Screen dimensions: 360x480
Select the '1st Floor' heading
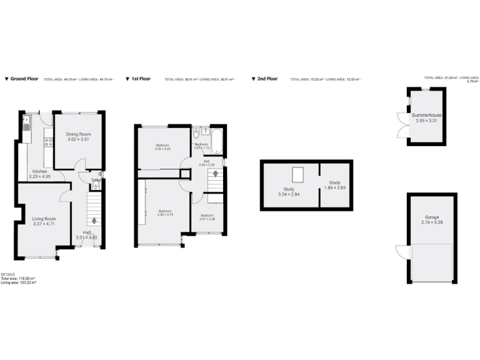pos(141,79)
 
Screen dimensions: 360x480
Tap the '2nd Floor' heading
pos(268,79)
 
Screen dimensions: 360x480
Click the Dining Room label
pos(79,134)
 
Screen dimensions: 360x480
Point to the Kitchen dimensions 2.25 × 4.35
pos(40,177)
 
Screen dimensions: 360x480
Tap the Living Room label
pos(44,218)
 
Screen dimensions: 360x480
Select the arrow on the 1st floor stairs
pos(216,174)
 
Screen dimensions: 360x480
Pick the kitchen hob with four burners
pos(49,143)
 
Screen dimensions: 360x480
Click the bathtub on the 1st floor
pos(217,141)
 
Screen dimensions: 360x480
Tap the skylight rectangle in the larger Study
pos(298,175)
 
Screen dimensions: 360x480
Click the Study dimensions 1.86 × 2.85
pos(335,187)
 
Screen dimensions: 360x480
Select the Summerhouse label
pos(427,116)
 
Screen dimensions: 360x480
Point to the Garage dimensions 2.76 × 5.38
pos(432,222)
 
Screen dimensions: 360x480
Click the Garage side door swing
pos(401,251)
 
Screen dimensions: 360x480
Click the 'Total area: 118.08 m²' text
pos(17,279)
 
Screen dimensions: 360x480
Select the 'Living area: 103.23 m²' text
pos(18,283)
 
